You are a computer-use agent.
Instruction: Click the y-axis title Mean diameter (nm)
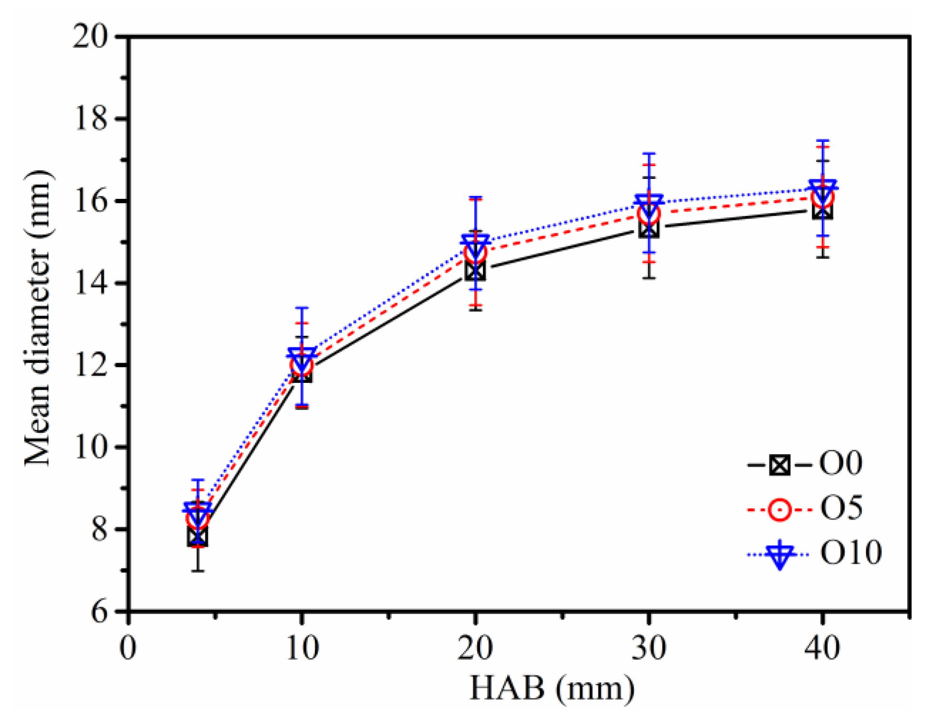click(38, 318)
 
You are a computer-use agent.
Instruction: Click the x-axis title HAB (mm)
click(552, 688)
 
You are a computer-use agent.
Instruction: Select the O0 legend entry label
click(840, 464)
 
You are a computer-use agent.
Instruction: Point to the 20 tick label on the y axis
click(90, 37)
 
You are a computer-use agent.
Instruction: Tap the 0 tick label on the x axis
click(128, 648)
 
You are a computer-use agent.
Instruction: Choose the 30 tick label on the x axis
click(648, 648)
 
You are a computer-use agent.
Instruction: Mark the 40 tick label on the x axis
click(822, 648)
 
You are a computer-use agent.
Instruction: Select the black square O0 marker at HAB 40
click(822, 210)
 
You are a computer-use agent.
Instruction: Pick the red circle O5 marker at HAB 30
click(649, 215)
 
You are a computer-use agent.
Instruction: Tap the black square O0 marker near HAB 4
click(197, 537)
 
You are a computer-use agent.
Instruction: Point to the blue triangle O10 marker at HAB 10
click(302, 358)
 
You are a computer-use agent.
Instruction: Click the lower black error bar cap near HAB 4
click(197, 570)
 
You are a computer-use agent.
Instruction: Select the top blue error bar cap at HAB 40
click(822, 140)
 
